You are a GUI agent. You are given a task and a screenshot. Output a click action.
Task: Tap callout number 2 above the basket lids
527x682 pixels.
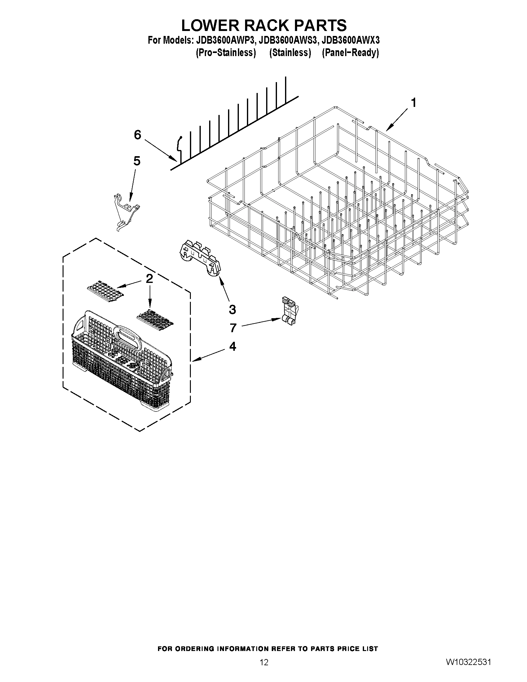click(x=149, y=279)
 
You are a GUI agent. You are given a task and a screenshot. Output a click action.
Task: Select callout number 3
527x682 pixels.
click(x=232, y=310)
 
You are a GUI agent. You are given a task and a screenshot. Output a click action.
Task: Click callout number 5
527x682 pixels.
click(x=137, y=161)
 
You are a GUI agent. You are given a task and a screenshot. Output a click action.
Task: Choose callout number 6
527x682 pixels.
click(x=137, y=135)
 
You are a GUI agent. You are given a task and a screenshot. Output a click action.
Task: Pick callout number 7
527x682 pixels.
click(x=233, y=328)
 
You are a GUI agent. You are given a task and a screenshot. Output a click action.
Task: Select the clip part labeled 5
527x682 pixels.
click(x=125, y=212)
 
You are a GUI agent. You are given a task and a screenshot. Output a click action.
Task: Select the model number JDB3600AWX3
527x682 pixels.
click(x=351, y=41)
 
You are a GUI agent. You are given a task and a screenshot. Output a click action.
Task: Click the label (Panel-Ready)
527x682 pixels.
click(x=350, y=52)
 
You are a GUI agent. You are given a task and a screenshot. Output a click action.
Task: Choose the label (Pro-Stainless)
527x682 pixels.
click(x=226, y=52)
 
